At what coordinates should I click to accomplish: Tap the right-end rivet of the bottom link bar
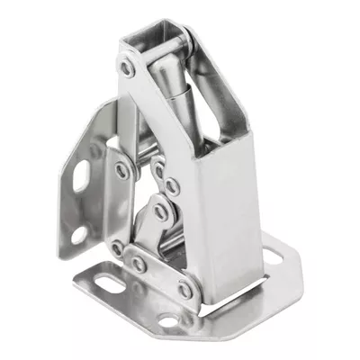point(184,290)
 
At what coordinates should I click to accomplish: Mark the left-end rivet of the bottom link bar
point(117,249)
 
